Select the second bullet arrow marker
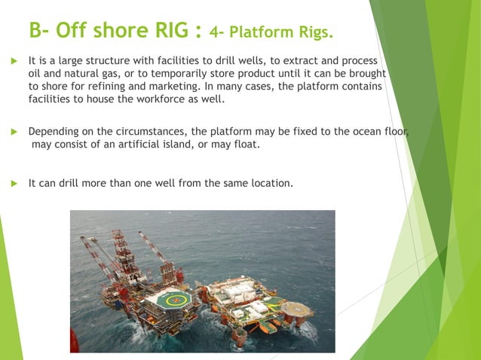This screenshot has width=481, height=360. pyautogui.click(x=13, y=132)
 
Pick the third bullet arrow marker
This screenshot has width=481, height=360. pyautogui.click(x=13, y=183)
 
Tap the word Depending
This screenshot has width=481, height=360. pyautogui.click(x=55, y=132)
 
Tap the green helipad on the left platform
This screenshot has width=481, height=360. pyautogui.click(x=172, y=297)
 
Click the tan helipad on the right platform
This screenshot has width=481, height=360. pyautogui.click(x=296, y=309)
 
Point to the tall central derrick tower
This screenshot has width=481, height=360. pyautogui.click(x=121, y=252)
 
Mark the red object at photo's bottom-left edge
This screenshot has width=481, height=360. pyautogui.click(x=75, y=340)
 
